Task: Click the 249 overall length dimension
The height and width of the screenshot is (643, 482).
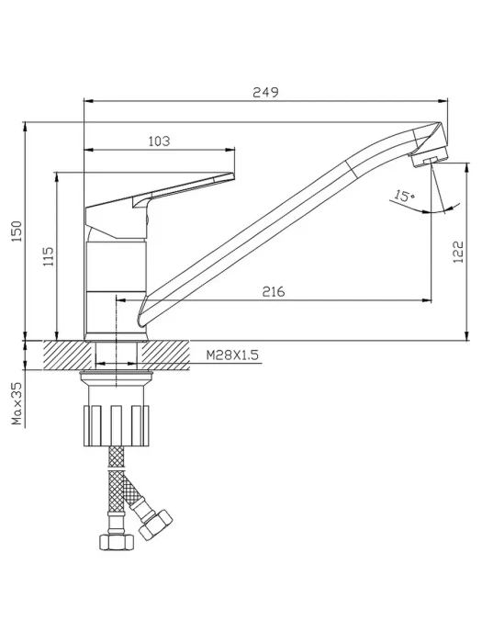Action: pos(265,92)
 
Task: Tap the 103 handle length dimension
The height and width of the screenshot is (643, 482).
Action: pos(159,141)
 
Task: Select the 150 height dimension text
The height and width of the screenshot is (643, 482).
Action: pos(17,231)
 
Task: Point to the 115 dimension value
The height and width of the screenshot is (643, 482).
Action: pos(49,256)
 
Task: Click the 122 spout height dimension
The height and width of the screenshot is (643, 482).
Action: pos(459,252)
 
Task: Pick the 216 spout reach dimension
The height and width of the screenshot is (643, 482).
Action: pos(274,291)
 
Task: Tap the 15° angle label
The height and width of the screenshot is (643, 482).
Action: pos(403,195)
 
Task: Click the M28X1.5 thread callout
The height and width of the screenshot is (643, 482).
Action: pos(232,355)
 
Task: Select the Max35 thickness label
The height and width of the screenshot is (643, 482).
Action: pos(17,403)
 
